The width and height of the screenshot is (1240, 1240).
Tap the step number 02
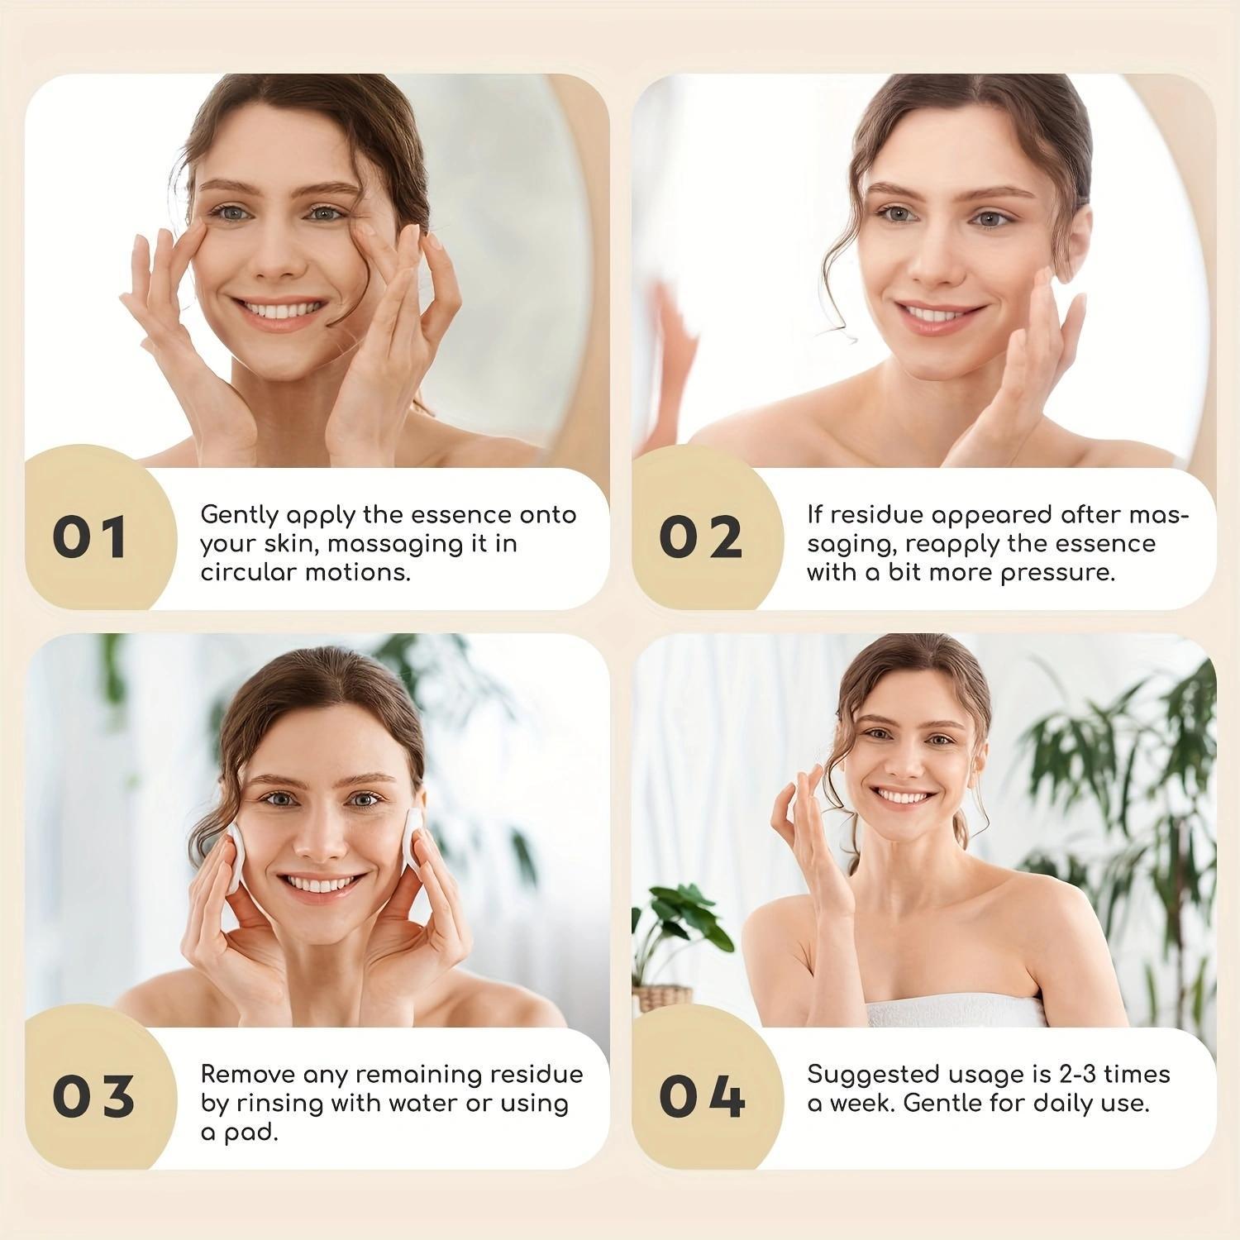(x=700, y=537)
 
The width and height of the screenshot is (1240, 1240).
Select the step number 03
(x=93, y=1097)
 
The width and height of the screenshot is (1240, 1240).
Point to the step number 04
(x=702, y=1097)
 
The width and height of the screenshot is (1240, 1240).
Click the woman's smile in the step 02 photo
(x=940, y=313)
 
